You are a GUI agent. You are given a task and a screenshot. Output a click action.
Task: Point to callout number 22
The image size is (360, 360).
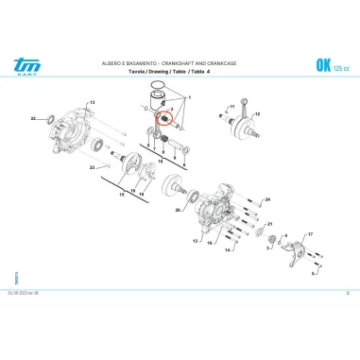(x=33, y=119)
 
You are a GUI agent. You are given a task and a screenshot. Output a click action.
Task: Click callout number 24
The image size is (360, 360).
(x=267, y=199)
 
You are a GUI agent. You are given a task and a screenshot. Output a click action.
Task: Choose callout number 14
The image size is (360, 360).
(x=227, y=251)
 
